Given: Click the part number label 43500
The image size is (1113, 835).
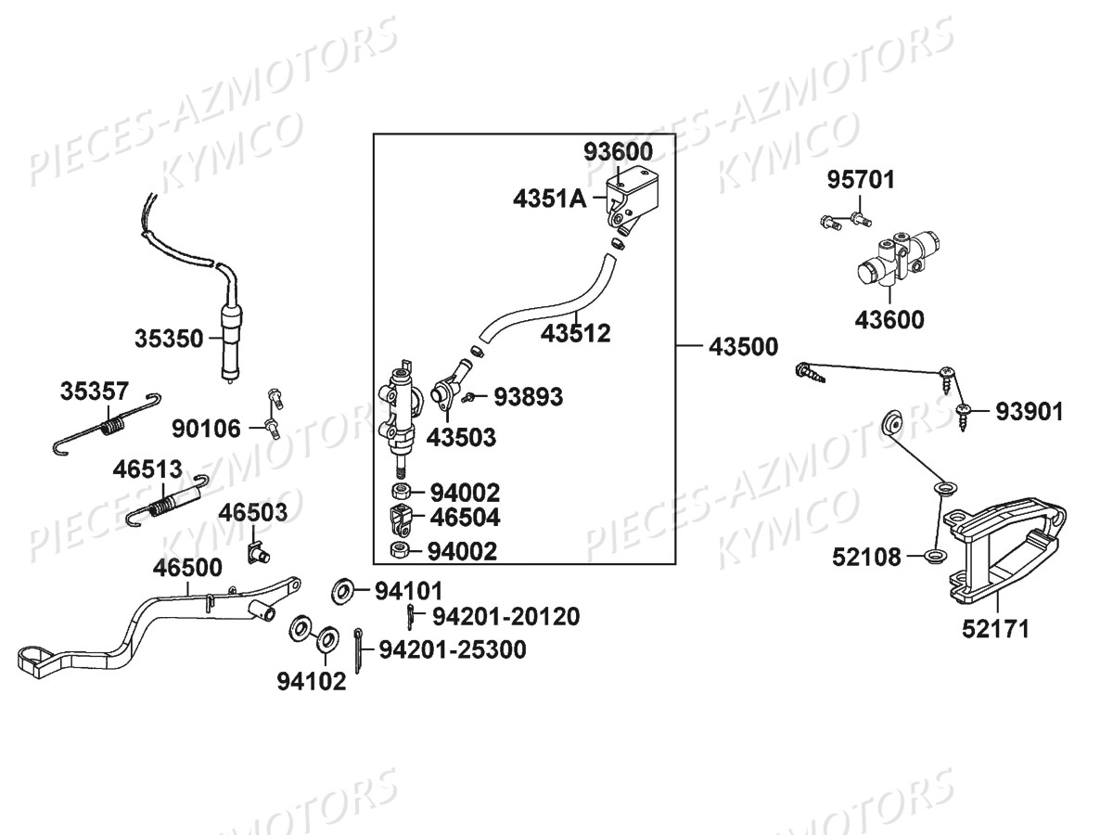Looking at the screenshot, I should click(x=743, y=347).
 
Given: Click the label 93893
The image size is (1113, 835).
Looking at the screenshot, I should click(x=528, y=397).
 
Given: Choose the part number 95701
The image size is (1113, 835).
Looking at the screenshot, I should click(x=862, y=179).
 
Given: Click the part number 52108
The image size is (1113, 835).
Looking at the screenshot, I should click(x=866, y=557).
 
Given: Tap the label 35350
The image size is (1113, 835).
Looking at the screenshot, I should click(x=169, y=338).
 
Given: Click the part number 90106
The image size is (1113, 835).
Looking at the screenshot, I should click(x=206, y=429).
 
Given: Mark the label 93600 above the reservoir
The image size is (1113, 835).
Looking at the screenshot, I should click(x=618, y=151).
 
